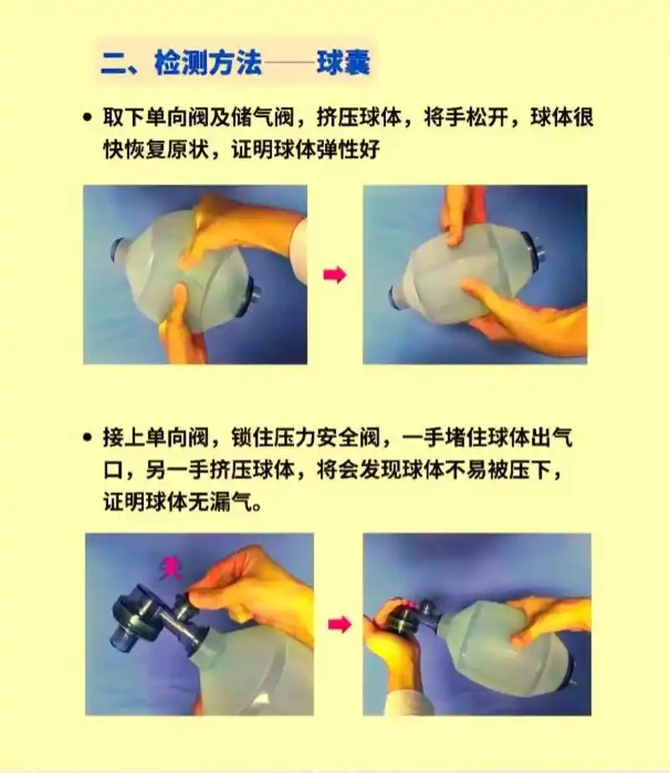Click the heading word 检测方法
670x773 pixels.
(208, 64)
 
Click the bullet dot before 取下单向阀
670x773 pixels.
(86, 119)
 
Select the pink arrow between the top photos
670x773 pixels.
(334, 276)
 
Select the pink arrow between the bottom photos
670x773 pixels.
(338, 624)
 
